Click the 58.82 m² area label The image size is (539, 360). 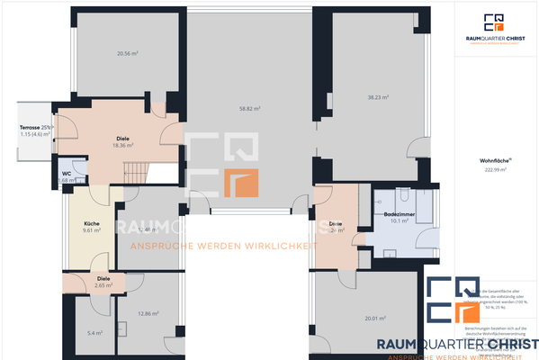pyautogui.click(x=251, y=109)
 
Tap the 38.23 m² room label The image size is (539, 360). pyautogui.click(x=377, y=97)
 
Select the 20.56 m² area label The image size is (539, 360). pyautogui.click(x=127, y=54)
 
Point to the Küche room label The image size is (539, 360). pyautogui.click(x=91, y=222)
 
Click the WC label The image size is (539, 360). pyautogui.click(x=67, y=172)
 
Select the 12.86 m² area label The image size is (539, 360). pyautogui.click(x=148, y=313)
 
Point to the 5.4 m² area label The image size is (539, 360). pyautogui.click(x=94, y=333)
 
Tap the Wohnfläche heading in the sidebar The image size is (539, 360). pyautogui.click(x=492, y=161)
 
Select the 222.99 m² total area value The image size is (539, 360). pyautogui.click(x=492, y=169)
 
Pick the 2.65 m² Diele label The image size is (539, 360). pyautogui.click(x=103, y=284)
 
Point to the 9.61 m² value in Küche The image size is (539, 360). pyautogui.click(x=91, y=230)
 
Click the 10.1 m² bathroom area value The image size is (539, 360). pyautogui.click(x=399, y=222)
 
